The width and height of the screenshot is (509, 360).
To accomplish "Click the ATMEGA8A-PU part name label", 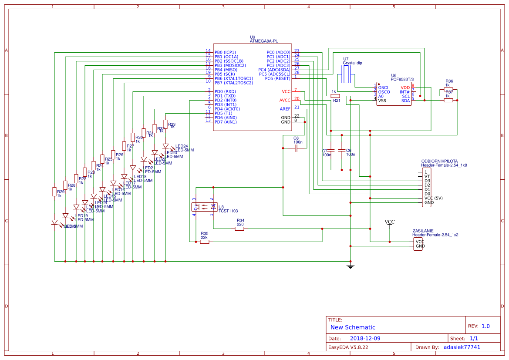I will (x=264, y=41).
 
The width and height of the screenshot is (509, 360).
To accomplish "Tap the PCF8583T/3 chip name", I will (x=402, y=79).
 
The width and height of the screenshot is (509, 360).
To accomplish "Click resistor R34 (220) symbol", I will (x=239, y=229).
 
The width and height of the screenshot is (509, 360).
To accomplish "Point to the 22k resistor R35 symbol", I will (x=205, y=242).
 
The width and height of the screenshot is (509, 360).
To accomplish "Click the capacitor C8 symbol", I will (x=296, y=148).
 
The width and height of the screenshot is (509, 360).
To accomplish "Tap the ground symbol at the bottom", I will (x=350, y=266).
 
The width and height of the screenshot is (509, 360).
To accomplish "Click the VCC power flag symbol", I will (x=390, y=222).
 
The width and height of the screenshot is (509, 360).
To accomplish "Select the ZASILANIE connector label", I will (x=423, y=231).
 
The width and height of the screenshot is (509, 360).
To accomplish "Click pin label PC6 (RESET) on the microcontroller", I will (x=277, y=78).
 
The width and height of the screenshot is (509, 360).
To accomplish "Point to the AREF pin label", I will (x=285, y=109).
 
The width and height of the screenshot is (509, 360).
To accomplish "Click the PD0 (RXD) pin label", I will (x=225, y=91).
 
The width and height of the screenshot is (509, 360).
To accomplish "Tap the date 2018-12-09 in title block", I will (x=365, y=338).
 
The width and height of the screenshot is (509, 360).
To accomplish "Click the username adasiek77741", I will (x=462, y=347).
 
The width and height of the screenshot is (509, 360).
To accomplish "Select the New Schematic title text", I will (x=353, y=327).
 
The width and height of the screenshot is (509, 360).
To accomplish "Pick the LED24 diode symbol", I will (x=165, y=146).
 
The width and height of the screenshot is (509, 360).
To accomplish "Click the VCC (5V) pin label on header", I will (x=433, y=198).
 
